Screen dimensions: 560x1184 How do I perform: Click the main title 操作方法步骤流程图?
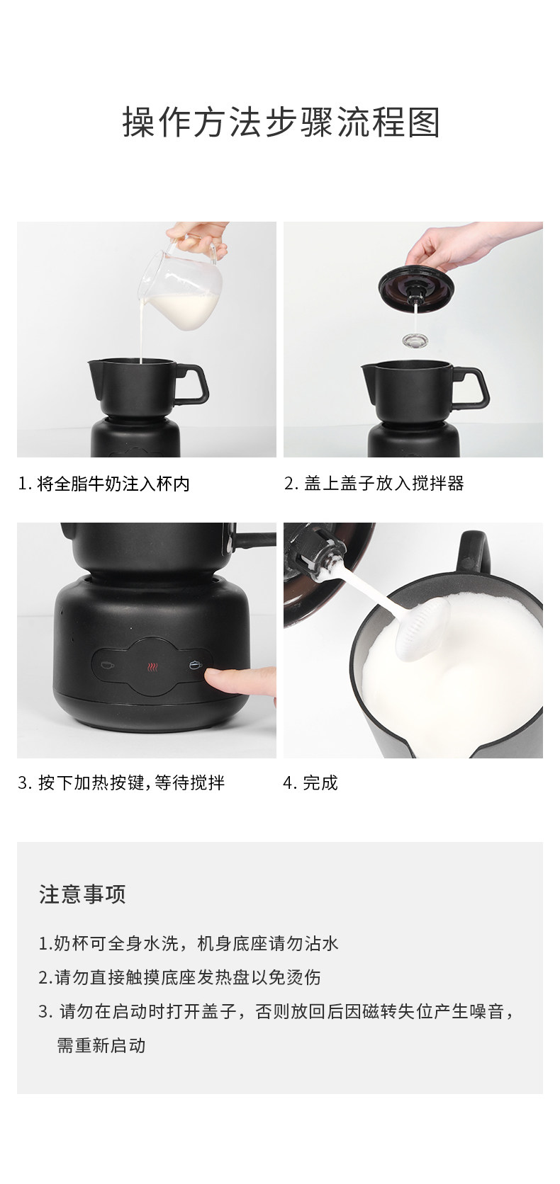click(281, 122)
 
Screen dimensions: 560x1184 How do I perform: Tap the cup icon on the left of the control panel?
click(107, 664)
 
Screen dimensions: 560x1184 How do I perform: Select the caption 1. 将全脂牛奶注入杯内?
click(103, 483)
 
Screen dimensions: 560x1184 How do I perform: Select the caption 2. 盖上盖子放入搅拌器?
click(374, 483)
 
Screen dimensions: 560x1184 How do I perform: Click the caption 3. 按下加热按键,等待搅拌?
click(121, 782)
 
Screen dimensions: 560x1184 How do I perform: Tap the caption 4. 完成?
click(310, 782)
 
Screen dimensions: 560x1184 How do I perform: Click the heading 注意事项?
click(82, 894)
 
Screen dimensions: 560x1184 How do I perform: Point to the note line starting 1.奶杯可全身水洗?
click(189, 943)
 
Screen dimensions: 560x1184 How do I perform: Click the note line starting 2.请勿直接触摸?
click(179, 977)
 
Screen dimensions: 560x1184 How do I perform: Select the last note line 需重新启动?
click(101, 1045)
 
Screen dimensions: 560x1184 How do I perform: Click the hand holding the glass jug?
click(198, 238)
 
